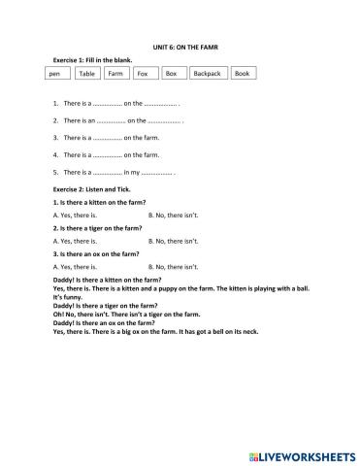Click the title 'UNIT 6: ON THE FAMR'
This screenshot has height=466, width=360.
pyautogui.click(x=180, y=47)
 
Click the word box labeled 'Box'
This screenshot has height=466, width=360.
pyautogui.click(x=172, y=73)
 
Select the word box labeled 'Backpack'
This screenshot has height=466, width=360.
pyautogui.click(x=207, y=73)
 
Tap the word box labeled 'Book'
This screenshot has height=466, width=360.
pyautogui.click(x=242, y=73)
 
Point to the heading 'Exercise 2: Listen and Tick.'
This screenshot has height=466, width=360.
pyautogui.click(x=89, y=189)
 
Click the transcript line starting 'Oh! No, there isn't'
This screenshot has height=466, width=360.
pyautogui.click(x=126, y=313)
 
